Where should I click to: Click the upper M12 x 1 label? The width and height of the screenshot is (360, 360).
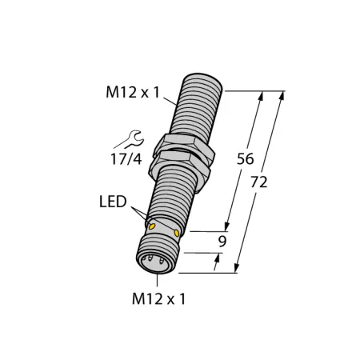click(133, 93)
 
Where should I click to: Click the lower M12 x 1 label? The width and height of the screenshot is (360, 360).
click(158, 298)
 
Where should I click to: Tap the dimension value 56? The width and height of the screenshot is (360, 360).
click(245, 159)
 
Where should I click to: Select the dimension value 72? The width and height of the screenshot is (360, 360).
click(258, 182)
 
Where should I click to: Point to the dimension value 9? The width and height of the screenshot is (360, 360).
click(222, 242)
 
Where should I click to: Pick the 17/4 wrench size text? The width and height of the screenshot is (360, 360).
click(126, 159)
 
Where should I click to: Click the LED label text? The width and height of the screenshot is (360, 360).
click(113, 202)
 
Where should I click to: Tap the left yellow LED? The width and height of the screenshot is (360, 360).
click(152, 226)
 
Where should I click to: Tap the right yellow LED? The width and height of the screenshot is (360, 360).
click(177, 234)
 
